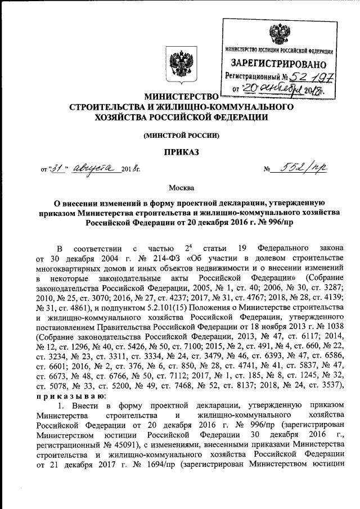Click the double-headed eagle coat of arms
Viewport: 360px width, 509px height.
point(179,62)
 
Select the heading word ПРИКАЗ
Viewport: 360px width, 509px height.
point(179,152)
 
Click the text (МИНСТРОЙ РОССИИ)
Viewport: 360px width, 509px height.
point(180,135)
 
